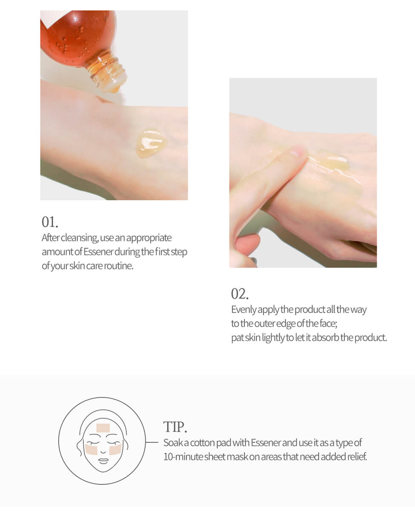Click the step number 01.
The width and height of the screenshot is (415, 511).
50,222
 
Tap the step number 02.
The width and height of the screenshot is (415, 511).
240,294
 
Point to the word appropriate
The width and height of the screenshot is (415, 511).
149,238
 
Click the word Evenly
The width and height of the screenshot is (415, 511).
243,310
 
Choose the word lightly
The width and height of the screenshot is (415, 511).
271,338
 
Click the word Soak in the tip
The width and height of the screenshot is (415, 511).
172,443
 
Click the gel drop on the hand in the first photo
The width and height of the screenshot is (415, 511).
151,143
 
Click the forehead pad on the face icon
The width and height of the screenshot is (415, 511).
103,427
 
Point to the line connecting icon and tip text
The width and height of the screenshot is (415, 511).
152,442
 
